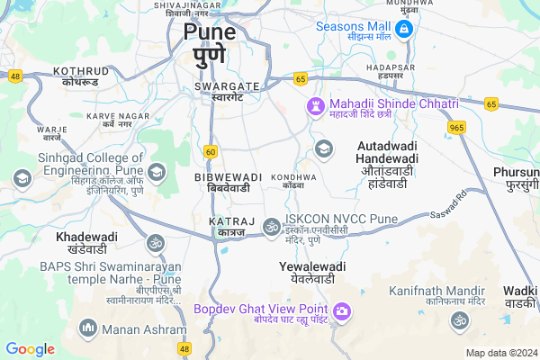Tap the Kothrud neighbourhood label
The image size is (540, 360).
tap(81, 75)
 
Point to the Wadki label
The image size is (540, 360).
tap(520, 296)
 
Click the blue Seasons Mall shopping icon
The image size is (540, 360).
tap(403, 31)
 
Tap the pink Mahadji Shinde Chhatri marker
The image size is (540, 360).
tap(314, 106)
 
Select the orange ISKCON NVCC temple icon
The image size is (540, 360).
tap(271, 223)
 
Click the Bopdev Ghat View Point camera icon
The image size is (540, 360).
tap(341, 312)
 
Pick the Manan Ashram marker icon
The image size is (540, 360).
tap(87, 326)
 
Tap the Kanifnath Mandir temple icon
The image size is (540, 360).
tap(459, 319)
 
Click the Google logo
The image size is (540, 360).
tap(31, 348)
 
